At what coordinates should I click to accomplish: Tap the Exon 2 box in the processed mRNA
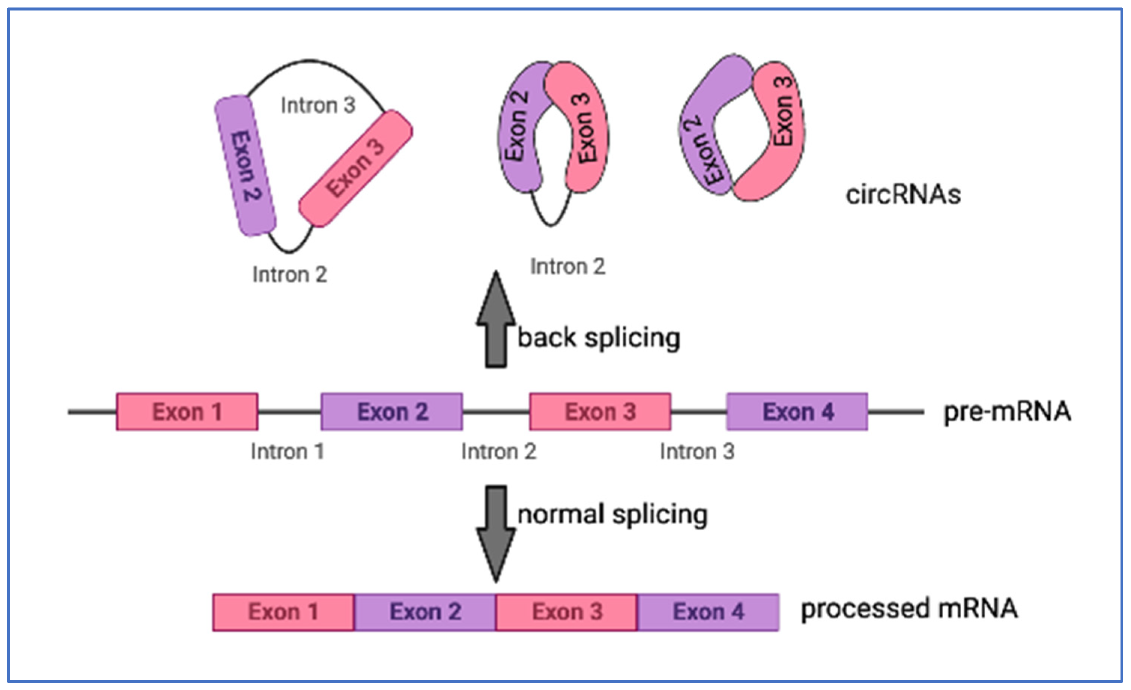click(425, 612)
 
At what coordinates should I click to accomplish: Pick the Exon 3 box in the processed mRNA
click(566, 612)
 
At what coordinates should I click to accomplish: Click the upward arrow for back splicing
click(496, 321)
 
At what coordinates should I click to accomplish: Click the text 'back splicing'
click(599, 339)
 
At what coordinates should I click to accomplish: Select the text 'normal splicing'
click(612, 515)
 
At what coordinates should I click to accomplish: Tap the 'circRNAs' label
click(903, 195)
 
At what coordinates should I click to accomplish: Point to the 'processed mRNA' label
click(909, 609)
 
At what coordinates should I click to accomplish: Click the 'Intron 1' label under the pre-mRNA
click(287, 452)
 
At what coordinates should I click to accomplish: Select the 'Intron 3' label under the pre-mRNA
click(697, 452)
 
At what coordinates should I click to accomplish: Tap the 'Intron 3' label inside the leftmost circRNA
click(318, 106)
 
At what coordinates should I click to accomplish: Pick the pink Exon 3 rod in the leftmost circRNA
click(355, 169)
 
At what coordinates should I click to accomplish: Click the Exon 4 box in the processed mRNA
click(708, 612)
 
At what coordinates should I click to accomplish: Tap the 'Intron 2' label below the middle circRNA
click(568, 267)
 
